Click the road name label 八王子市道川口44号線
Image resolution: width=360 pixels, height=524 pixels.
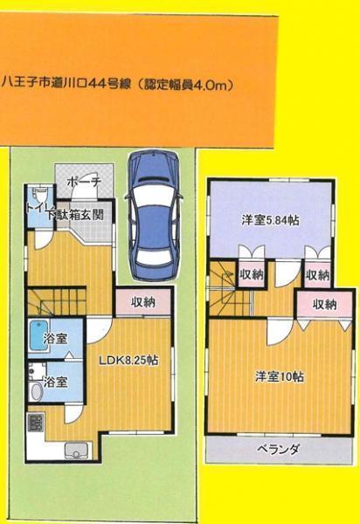[x=66, y=85]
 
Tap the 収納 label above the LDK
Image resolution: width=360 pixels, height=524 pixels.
[x=143, y=303]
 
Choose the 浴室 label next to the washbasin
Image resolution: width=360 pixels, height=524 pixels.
[x=57, y=382]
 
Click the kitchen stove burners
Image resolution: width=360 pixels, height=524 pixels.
[x=36, y=424]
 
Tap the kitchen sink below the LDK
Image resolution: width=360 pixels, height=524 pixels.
[x=73, y=452]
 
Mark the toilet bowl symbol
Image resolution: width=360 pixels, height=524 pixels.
[x=35, y=197]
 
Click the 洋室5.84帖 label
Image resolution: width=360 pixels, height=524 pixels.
[x=270, y=220]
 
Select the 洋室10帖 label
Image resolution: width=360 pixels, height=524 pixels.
[x=280, y=376]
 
